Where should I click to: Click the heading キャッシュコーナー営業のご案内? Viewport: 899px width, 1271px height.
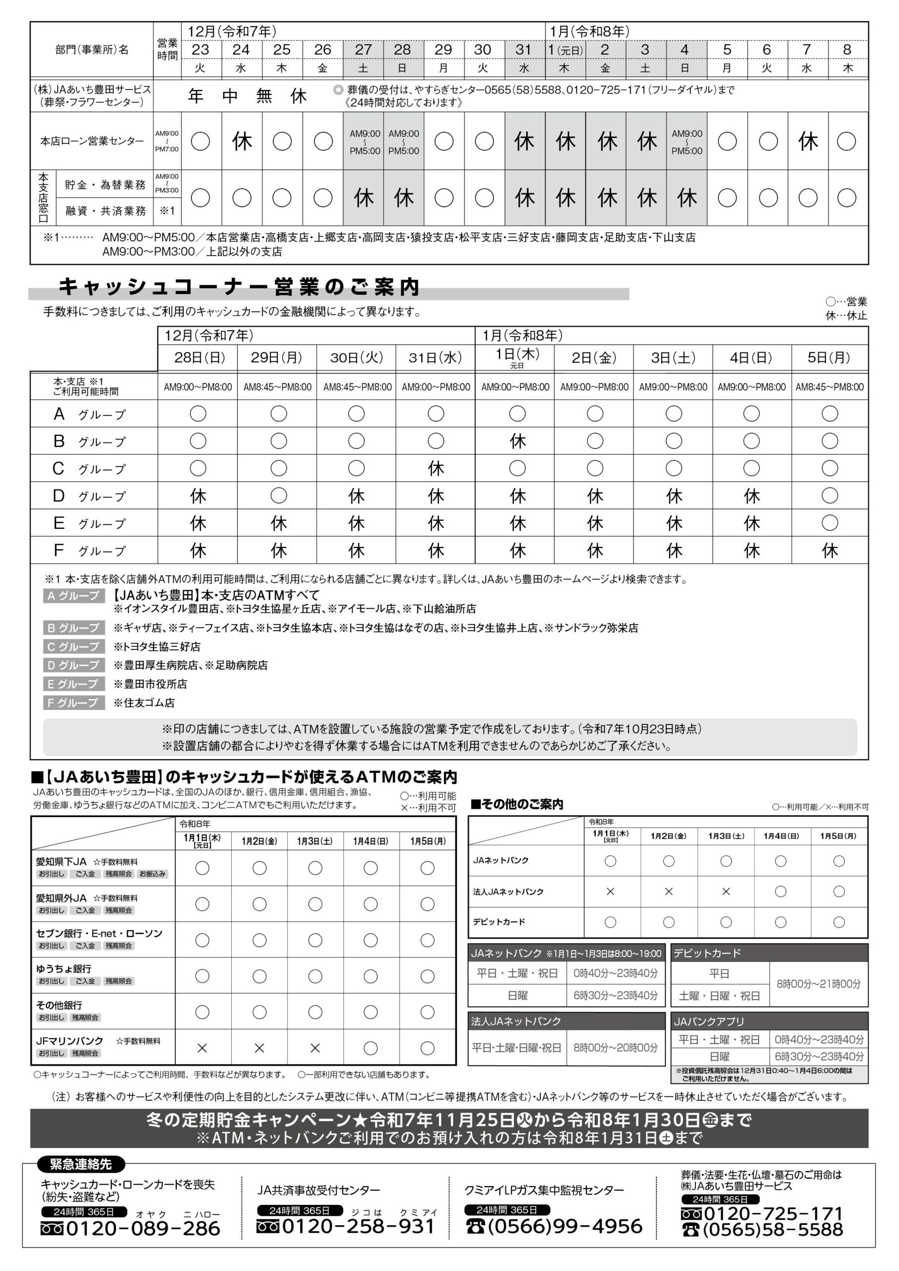(x=239, y=287)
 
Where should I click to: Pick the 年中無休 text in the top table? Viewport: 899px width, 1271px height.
(x=247, y=96)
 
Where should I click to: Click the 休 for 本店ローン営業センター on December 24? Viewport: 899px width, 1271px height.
(x=241, y=141)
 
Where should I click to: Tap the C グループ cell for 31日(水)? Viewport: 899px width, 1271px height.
(x=436, y=468)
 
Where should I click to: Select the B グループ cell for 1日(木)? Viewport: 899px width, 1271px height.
(x=517, y=441)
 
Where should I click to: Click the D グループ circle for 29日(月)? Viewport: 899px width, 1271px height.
(x=278, y=495)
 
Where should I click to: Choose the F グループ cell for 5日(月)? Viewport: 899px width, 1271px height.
(x=829, y=550)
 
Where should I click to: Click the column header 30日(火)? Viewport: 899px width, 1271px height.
(x=356, y=357)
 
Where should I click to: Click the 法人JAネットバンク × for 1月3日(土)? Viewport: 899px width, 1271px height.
(x=726, y=892)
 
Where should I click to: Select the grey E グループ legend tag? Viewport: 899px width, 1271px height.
(x=73, y=684)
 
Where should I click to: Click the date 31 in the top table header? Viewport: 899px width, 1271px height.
(x=524, y=50)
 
